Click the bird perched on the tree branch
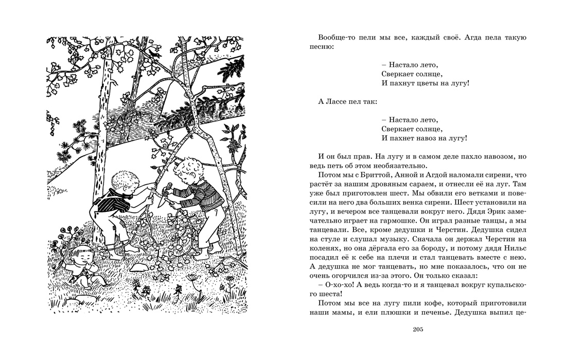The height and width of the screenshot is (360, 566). click(155, 51)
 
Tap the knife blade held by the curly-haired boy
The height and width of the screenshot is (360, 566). click(163, 201)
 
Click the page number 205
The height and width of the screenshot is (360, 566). click(417, 330)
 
